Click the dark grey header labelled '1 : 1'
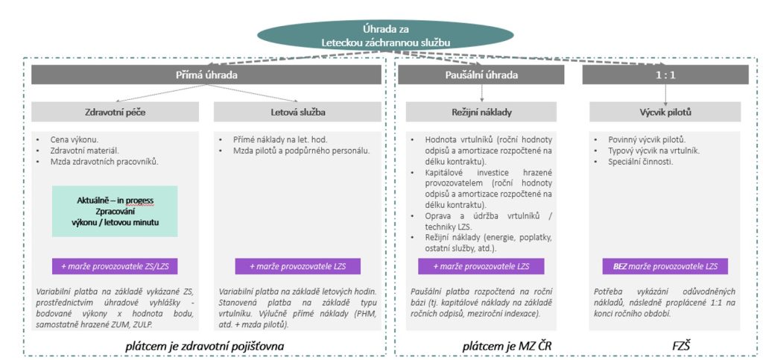pos(665,75)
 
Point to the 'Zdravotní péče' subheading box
pos(115,112)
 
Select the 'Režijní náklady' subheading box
pos(481,112)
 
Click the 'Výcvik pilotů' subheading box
pos(665,112)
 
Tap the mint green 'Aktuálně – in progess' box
pos(115,211)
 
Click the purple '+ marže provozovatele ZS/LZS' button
pos(115,266)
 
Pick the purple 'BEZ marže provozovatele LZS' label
pos(665,266)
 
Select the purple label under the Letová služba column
pos(298,266)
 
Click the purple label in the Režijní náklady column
pos(481,266)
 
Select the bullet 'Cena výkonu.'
pos(75,140)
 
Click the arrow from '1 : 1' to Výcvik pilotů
pos(665,93)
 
